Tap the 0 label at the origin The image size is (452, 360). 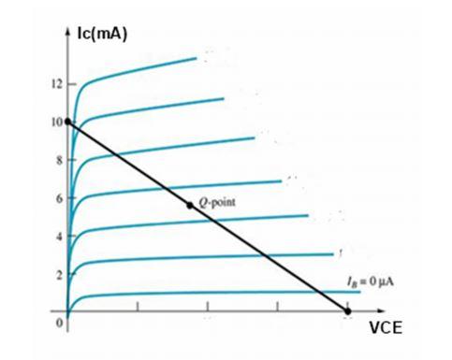point(57,323)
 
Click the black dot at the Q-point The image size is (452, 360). point(190,205)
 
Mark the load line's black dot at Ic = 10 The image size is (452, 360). point(67,122)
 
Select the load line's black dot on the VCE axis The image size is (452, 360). point(348,310)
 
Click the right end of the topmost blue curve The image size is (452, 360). point(197,58)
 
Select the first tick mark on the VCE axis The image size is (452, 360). point(138,307)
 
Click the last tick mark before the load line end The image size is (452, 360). point(277,307)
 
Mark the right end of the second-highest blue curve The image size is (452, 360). point(224,98)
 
